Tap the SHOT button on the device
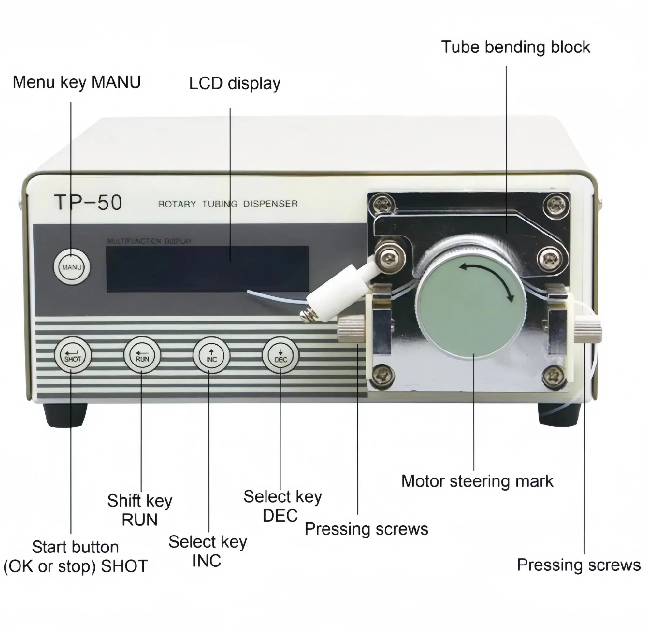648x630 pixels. click(72, 355)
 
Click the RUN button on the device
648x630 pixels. click(142, 355)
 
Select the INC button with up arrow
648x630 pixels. click(212, 355)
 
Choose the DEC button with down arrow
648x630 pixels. click(281, 355)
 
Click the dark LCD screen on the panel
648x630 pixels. click(208, 269)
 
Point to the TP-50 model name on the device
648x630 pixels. click(88, 202)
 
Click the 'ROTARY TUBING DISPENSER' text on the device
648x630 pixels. click(228, 204)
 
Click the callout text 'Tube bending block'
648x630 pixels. click(515, 47)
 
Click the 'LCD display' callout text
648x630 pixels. click(234, 83)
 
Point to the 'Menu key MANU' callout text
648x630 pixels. click(76, 82)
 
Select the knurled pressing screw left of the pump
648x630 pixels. click(351, 328)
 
